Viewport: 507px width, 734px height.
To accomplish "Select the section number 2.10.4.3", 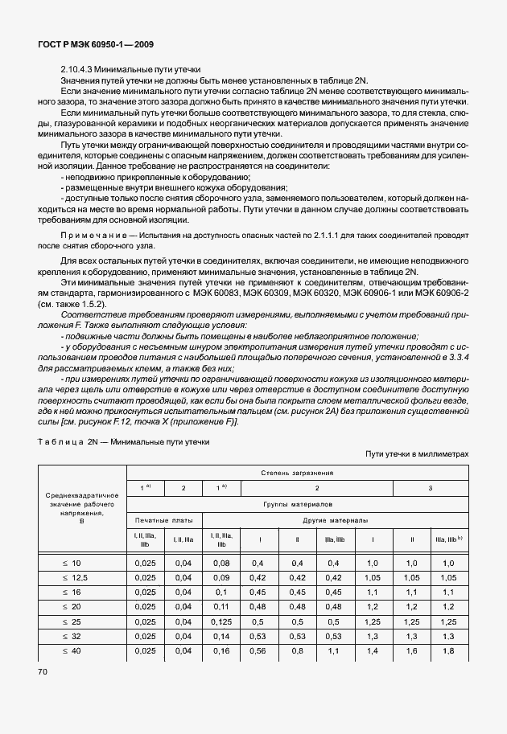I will click(x=79, y=71).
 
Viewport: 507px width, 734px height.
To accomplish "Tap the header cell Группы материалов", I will click(x=297, y=504).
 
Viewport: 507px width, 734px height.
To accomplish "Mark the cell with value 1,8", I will click(x=448, y=650).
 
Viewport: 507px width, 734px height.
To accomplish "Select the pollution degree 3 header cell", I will click(x=430, y=488).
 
